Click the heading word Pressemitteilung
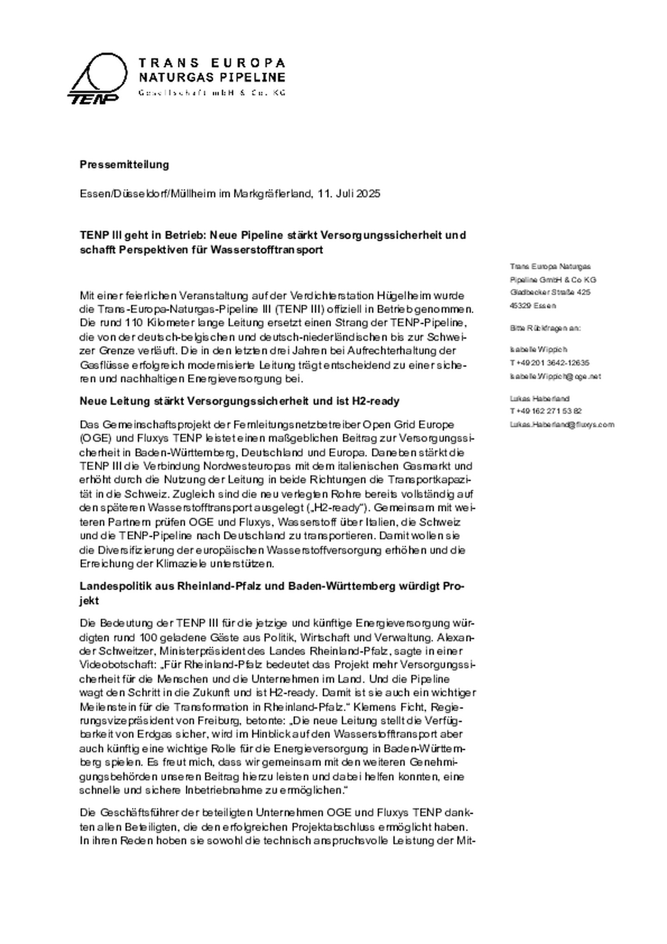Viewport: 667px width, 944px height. coord(124,164)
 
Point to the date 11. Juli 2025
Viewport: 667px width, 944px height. coord(349,194)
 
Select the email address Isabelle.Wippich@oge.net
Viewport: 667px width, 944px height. coord(555,376)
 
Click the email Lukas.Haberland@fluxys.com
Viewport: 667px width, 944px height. coord(562,424)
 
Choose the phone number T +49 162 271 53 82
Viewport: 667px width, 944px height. coord(546,411)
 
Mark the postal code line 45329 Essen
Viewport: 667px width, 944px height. coord(533,306)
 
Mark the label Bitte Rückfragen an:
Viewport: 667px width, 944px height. coord(545,328)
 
